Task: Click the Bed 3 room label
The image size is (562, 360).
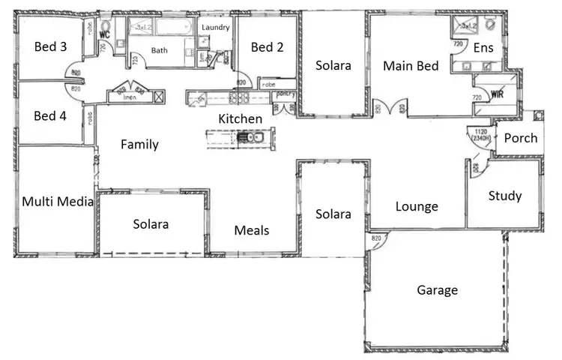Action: pyautogui.click(x=51, y=46)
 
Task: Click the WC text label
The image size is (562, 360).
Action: pyautogui.click(x=105, y=34)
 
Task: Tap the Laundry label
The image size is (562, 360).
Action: pyautogui.click(x=215, y=27)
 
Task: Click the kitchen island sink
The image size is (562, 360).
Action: pyautogui.click(x=248, y=136)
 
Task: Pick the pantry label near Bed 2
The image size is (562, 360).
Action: pyautogui.click(x=286, y=95)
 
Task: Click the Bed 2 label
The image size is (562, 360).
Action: pyautogui.click(x=267, y=47)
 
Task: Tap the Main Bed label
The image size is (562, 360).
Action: pyautogui.click(x=411, y=66)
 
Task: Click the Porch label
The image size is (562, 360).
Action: pyautogui.click(x=520, y=138)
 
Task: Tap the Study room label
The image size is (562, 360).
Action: pyautogui.click(x=504, y=196)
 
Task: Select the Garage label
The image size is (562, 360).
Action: pyautogui.click(x=437, y=289)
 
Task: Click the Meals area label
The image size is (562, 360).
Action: pyautogui.click(x=252, y=230)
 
